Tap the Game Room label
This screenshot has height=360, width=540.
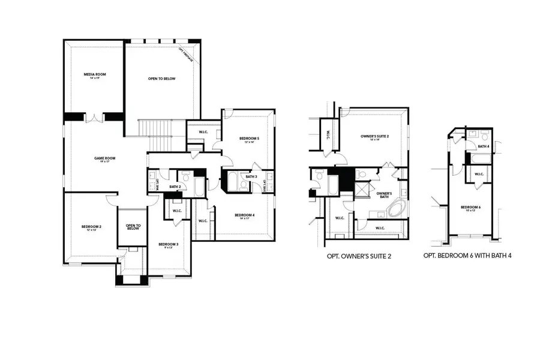coord(104,159)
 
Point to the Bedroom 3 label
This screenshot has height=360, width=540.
coord(168,245)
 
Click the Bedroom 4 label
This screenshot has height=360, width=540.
coord(244,216)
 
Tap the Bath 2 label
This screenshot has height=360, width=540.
coord(175,187)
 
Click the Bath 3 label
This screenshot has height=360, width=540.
coord(251,176)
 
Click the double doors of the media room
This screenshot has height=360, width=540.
coord(94,117)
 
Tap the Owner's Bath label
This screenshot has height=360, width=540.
coord(384,194)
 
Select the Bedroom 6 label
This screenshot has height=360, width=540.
coord(471,208)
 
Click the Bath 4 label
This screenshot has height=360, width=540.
coord(484,146)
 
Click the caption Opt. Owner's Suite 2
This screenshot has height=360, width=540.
coord(359,256)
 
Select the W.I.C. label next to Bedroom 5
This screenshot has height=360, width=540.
coord(195,131)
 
